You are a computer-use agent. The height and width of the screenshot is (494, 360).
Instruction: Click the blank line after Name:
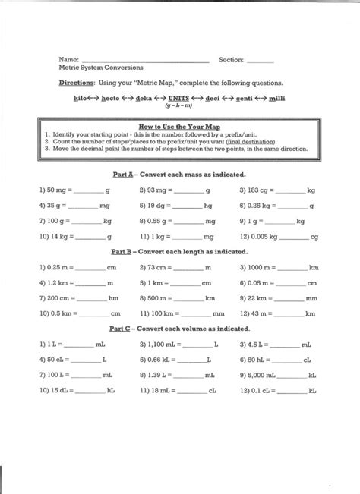click(x=144, y=60)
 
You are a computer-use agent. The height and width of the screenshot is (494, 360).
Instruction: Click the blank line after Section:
click(x=260, y=60)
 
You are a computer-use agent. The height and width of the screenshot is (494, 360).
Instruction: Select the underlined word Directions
click(x=77, y=82)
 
